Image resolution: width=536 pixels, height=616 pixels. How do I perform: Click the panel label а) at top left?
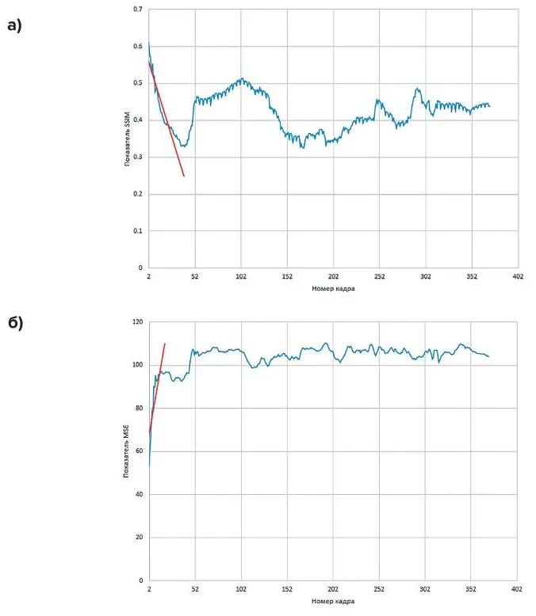pos(14,25)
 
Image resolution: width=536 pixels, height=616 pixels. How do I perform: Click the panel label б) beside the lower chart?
pos(14,323)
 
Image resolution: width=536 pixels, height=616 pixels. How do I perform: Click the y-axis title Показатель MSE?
pos(127,451)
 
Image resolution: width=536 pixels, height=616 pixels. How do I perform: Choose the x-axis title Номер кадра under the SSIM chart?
pos(333,289)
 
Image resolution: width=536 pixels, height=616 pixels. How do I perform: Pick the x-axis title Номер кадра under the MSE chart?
pos(333,602)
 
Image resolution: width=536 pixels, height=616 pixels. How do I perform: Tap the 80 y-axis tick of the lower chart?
pos(138,409)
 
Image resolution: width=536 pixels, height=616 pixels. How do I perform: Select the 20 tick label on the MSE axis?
pos(138,538)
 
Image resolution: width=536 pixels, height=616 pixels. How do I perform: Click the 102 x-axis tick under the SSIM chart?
pos(241,277)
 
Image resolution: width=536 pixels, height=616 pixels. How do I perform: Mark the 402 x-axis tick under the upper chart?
pos(518,277)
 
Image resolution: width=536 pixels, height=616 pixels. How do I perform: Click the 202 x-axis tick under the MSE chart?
pos(333,590)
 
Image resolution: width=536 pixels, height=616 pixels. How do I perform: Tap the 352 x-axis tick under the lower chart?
pos(472,590)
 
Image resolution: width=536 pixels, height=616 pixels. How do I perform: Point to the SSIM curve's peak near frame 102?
pos(242,79)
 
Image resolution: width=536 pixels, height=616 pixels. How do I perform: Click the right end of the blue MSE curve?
pos(488,356)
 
